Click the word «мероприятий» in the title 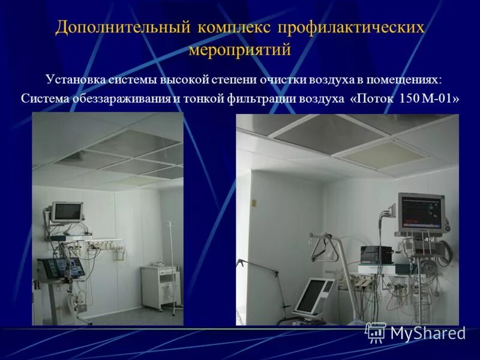[x=239, y=49]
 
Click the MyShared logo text [x=428, y=333]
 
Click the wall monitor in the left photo [x=67, y=211]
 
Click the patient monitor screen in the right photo [x=420, y=213]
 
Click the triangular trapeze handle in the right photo [x=322, y=250]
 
